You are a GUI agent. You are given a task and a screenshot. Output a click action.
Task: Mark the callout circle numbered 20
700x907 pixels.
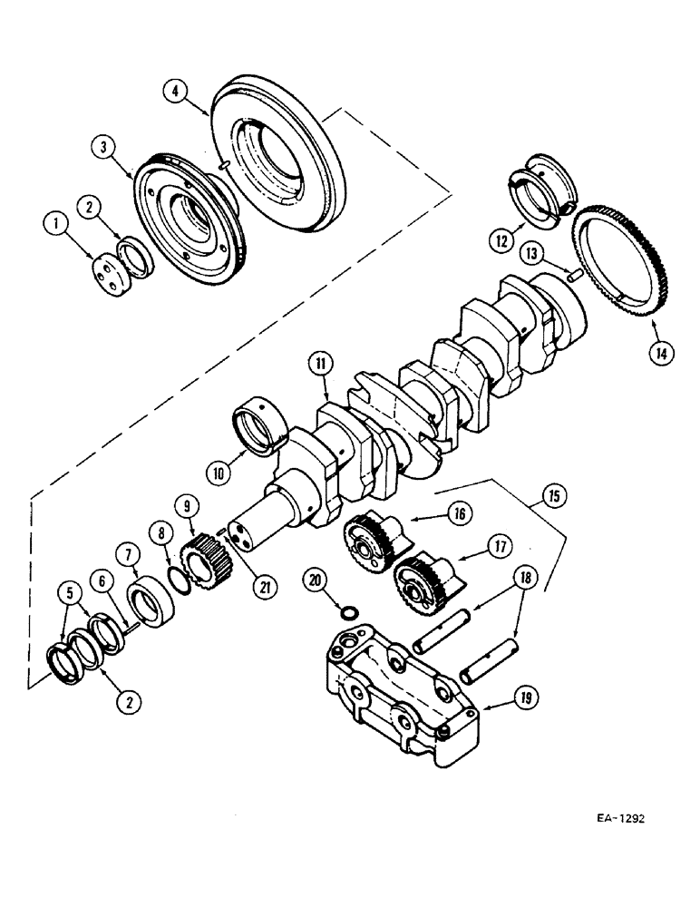[x=315, y=579]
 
